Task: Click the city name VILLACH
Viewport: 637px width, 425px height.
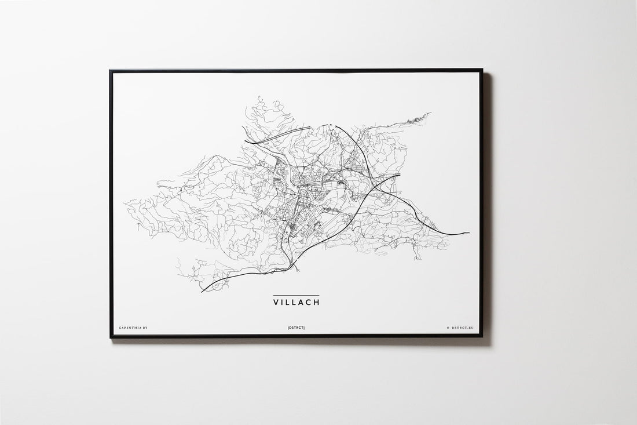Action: (296, 302)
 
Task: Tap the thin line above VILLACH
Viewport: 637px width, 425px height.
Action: (296, 296)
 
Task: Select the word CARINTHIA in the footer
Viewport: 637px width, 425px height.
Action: (129, 328)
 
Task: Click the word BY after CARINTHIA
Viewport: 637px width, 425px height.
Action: (145, 328)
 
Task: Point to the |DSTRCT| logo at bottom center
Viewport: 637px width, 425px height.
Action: (296, 328)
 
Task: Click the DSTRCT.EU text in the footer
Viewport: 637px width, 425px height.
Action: (463, 328)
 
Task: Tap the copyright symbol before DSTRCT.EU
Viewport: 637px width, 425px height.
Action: (448, 328)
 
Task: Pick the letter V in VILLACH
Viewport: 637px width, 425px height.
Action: (276, 302)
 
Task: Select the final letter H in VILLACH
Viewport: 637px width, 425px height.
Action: (316, 302)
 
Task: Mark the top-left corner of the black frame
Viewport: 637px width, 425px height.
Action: (110, 70)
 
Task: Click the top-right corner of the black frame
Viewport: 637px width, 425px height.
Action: (482, 70)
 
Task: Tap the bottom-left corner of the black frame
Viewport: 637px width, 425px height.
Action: (110, 337)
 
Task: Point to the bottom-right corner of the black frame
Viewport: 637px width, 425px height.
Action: (482, 336)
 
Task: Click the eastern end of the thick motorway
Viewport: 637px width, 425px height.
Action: (469, 233)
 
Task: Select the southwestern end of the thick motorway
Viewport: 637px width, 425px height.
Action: (202, 292)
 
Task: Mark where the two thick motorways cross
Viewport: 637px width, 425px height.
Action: (371, 187)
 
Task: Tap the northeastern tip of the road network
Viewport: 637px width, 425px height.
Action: (430, 113)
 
